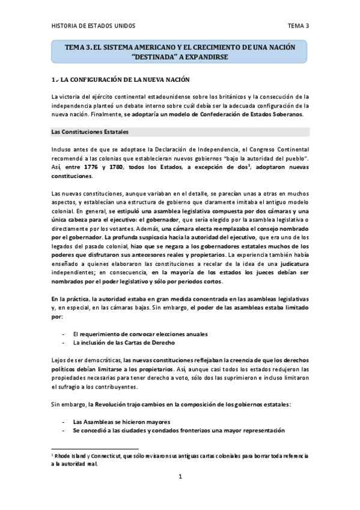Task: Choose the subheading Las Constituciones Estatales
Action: pyautogui.click(x=89, y=131)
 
